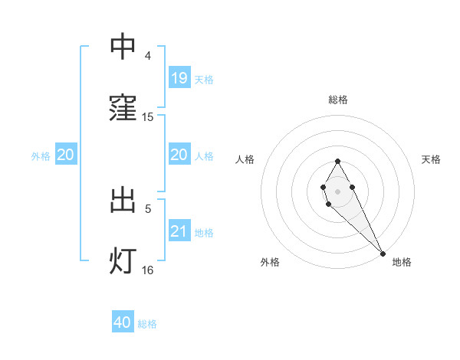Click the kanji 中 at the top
(123, 47)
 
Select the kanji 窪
(123, 108)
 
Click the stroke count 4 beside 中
(148, 56)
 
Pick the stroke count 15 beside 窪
(148, 117)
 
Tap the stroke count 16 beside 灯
(148, 270)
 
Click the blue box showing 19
(179, 78)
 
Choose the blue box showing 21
(179, 231)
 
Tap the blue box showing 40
(123, 322)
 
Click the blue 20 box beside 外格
(65, 155)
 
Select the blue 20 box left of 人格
(179, 155)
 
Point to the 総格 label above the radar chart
(338, 100)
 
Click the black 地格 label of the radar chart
(402, 262)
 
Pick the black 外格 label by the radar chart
(270, 262)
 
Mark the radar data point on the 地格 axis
(383, 254)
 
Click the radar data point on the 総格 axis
(337, 161)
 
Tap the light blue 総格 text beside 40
(147, 324)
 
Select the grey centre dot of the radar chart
(337, 190)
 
